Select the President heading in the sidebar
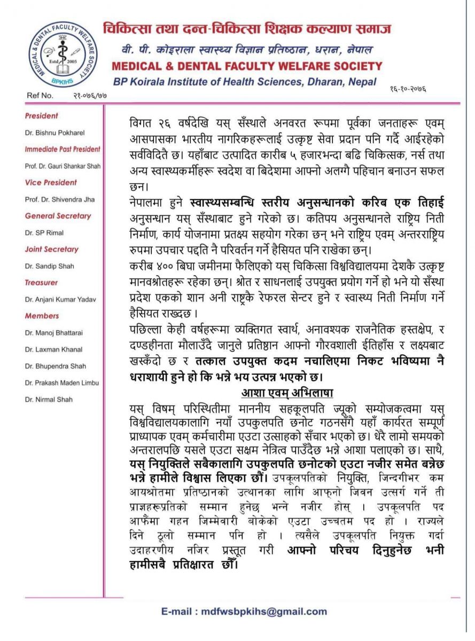tap(42, 116)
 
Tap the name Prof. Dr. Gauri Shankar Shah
tap(62, 166)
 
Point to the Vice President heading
tap(51, 183)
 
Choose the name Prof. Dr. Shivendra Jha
tap(60, 199)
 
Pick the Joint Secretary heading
tap(51, 249)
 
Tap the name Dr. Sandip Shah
tap(49, 266)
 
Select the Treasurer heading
tap(41, 283)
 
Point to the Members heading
tap(42, 316)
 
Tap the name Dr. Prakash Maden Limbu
tap(62, 382)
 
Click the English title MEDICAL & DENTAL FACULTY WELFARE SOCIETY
tap(247, 66)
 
